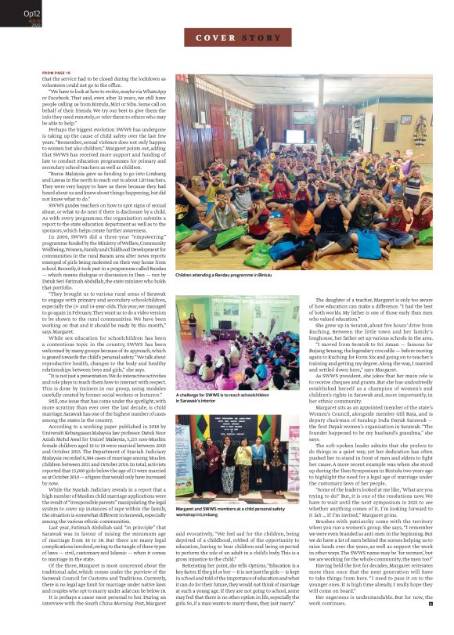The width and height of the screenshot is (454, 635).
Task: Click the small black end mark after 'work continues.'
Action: [429, 624]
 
